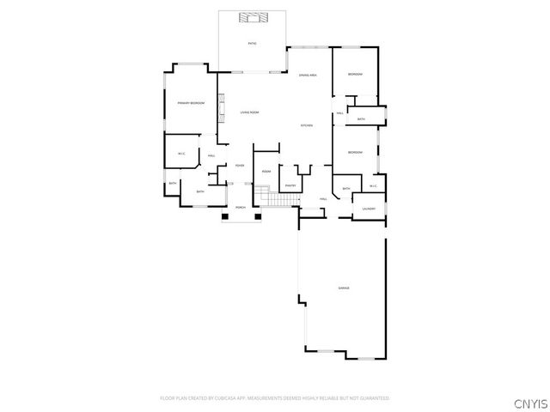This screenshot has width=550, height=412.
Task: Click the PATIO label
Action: click(x=252, y=42)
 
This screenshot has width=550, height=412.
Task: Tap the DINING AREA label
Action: click(x=309, y=76)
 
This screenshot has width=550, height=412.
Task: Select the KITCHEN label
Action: click(x=306, y=126)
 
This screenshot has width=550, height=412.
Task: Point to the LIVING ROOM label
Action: click(x=249, y=112)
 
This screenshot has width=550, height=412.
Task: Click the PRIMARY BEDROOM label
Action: click(x=191, y=103)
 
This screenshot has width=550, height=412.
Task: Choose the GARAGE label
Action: click(x=343, y=288)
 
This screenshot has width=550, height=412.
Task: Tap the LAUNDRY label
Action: click(x=369, y=209)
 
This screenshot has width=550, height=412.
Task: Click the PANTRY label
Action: click(x=290, y=185)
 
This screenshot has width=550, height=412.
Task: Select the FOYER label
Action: click(x=240, y=165)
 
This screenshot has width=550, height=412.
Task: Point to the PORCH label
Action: click(x=241, y=208)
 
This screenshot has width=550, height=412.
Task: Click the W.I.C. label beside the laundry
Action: click(x=374, y=186)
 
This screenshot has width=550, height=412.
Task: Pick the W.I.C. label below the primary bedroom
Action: click(x=181, y=154)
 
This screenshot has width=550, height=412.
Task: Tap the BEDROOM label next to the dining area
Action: click(x=355, y=75)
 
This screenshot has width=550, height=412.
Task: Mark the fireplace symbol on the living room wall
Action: click(x=222, y=110)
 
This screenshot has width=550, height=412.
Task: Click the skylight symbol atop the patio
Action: click(x=252, y=17)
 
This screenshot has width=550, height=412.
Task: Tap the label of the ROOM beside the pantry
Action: click(x=266, y=172)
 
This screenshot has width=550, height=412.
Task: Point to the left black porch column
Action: click(x=225, y=216)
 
